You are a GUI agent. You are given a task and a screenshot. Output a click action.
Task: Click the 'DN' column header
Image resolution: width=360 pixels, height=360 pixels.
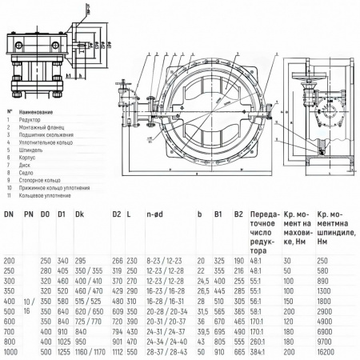point(10,214)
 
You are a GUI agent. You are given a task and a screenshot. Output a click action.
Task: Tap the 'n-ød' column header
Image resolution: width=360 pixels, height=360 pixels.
point(155,214)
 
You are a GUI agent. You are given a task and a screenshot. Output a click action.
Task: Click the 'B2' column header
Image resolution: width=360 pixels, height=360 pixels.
point(238,214)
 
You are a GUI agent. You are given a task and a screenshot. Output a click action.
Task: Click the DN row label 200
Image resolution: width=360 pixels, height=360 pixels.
point(10,260)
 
